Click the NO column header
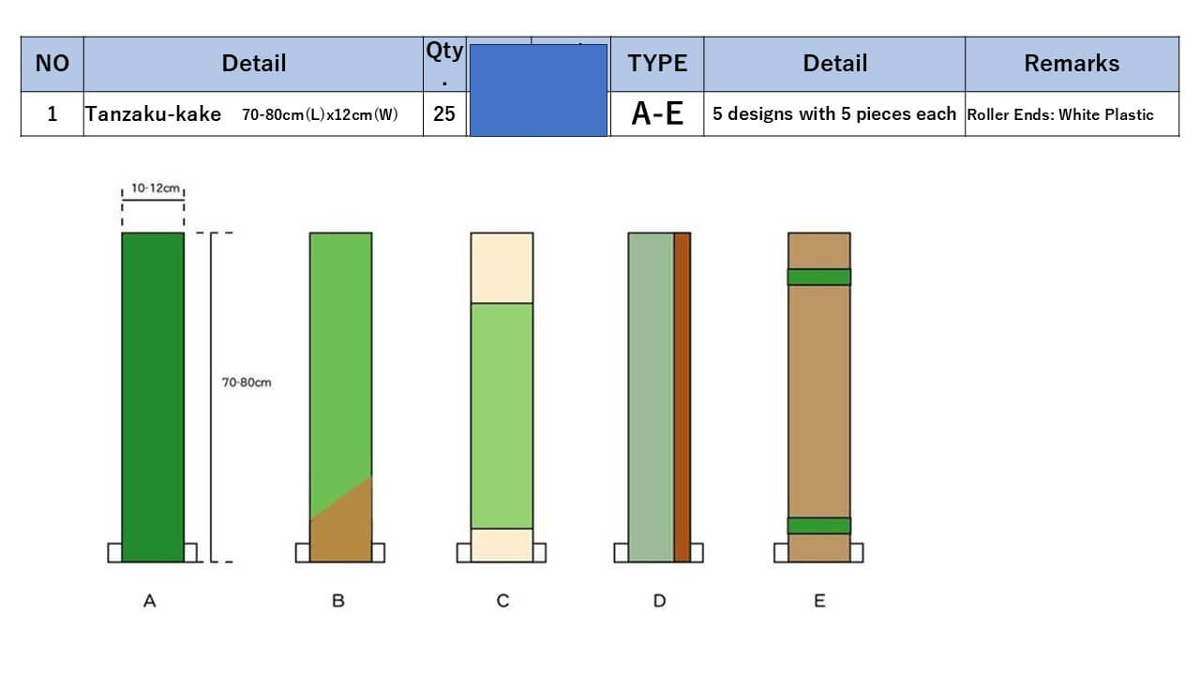[52, 64]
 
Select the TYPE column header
[657, 64]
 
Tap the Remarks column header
[1072, 64]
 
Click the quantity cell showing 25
[444, 113]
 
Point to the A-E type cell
[657, 113]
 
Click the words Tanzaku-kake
[154, 114]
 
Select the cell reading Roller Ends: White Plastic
[1060, 114]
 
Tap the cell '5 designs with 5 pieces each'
[834, 113]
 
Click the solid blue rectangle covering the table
[538, 90]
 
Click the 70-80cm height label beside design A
[247, 382]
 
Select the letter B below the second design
[338, 601]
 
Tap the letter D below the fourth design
[659, 601]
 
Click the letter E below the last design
[819, 601]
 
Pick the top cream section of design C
[502, 267]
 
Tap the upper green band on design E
[818, 277]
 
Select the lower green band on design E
[818, 525]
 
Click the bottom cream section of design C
[502, 545]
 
